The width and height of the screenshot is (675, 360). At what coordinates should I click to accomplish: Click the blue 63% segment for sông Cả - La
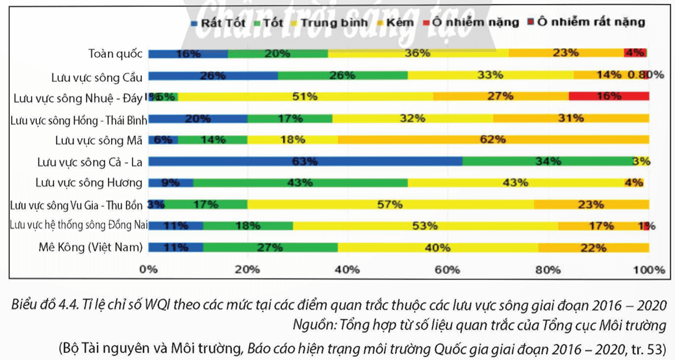pyautogui.click(x=305, y=161)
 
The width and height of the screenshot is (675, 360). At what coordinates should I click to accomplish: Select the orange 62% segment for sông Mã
pyautogui.click(x=492, y=139)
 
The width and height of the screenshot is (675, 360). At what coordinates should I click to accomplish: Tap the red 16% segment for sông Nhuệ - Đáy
pyautogui.click(x=609, y=97)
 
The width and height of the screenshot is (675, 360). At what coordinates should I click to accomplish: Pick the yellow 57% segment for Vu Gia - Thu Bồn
pyautogui.click(x=390, y=204)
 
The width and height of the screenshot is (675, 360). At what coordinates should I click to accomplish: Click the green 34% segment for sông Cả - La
pyautogui.click(x=546, y=161)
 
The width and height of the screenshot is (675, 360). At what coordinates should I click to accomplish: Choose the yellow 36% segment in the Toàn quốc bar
pyautogui.click(x=418, y=54)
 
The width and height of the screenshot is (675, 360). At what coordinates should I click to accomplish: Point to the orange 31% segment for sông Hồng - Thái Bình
pyautogui.click(x=571, y=118)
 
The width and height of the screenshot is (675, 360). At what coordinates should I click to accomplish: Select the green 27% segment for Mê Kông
pyautogui.click(x=270, y=247)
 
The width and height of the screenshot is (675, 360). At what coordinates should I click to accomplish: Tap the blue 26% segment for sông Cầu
pyautogui.click(x=213, y=75)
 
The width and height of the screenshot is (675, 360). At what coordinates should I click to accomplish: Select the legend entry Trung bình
pyautogui.click(x=331, y=22)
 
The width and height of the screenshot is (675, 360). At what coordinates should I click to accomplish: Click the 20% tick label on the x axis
pyautogui.click(x=248, y=269)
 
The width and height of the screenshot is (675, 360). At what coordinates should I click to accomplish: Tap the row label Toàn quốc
pyautogui.click(x=116, y=54)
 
